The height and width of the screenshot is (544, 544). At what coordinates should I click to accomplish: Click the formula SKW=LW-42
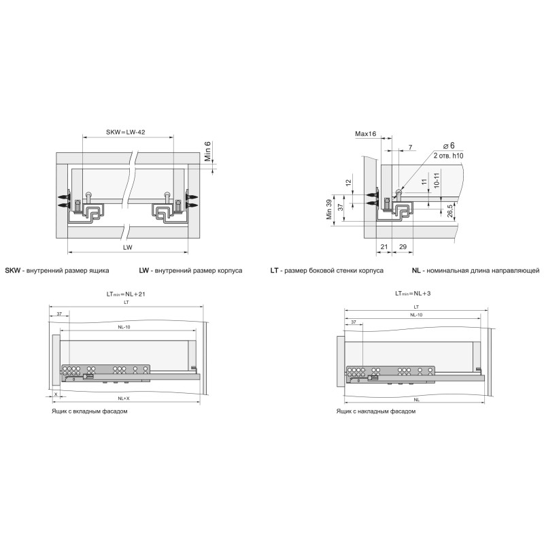tap(126, 132)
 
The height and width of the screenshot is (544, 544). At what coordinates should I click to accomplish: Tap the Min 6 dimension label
tap(207, 151)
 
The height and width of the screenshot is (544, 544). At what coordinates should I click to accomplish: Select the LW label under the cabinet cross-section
tap(128, 248)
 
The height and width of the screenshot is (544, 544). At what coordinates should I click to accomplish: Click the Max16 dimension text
tap(366, 134)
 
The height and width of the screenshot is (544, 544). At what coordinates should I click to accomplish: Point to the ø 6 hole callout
tap(449, 146)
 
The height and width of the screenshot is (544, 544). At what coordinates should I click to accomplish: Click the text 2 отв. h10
tap(448, 156)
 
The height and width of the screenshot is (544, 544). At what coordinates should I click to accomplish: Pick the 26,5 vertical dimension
tap(450, 211)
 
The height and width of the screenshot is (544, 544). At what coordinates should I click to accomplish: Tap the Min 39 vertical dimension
tap(329, 209)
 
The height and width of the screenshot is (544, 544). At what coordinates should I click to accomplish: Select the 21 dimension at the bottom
tap(384, 247)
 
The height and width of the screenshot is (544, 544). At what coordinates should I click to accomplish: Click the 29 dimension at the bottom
tap(403, 247)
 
